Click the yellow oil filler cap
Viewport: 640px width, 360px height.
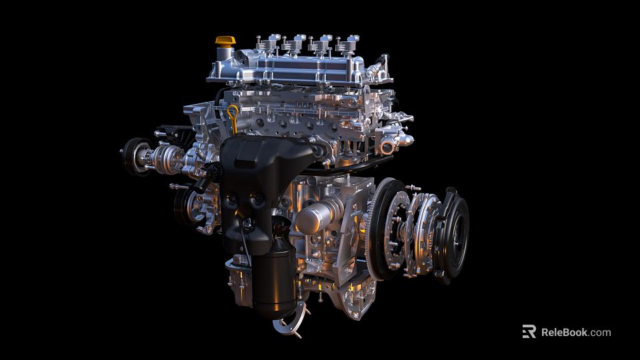pos(225,42)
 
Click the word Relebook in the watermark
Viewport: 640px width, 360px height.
pos(563,332)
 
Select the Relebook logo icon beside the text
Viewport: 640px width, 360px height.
pos(529,331)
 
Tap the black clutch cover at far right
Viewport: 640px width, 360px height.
pos(453,233)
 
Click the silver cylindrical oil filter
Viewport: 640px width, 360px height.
pos(314,218)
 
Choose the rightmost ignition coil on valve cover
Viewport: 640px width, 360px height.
pos(348,44)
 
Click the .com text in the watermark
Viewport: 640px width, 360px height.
pos(600,332)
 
